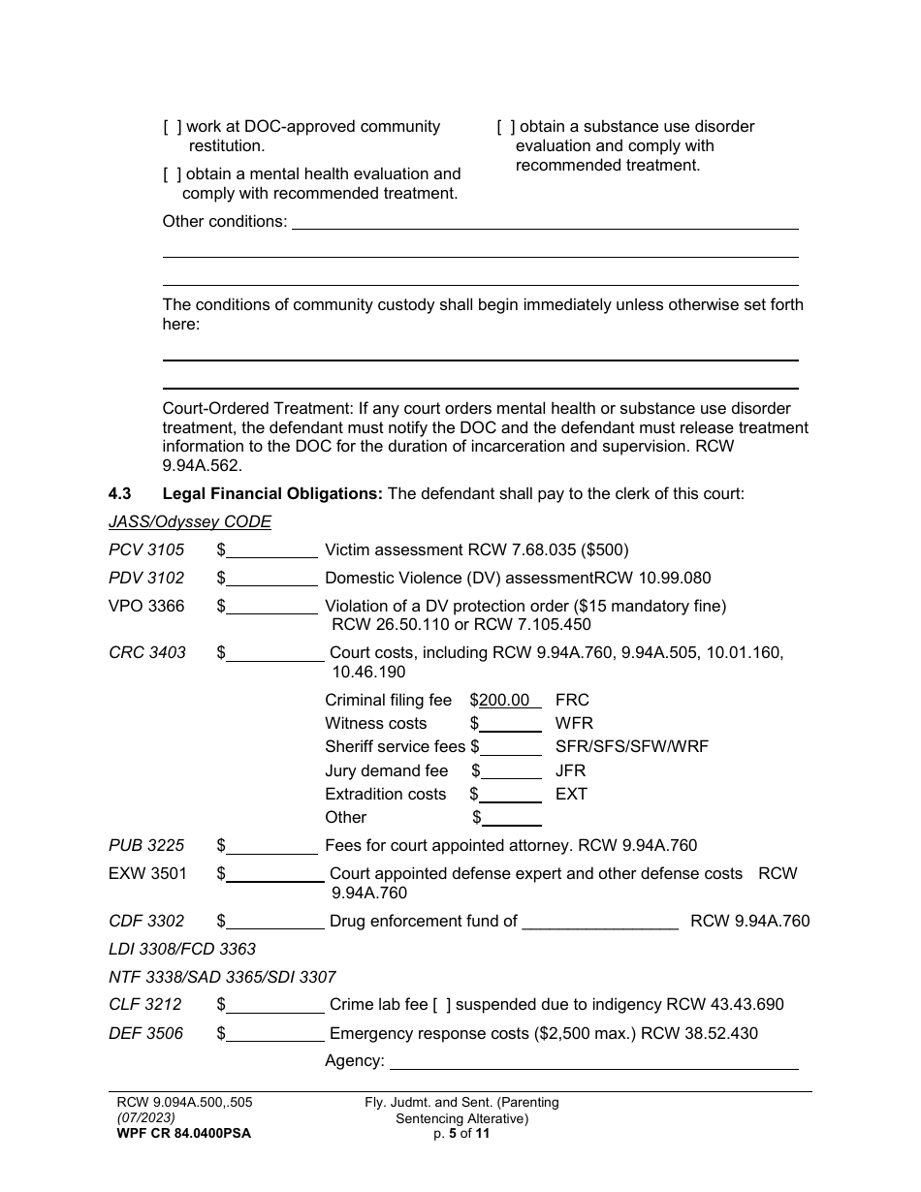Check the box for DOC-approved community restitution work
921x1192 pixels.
tap(173, 127)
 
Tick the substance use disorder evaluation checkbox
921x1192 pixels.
tap(506, 127)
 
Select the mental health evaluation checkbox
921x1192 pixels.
tap(173, 174)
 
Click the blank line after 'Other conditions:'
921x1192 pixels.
tap(545, 222)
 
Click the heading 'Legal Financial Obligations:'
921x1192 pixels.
tap(272, 494)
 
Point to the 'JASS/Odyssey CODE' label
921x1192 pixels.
tap(190, 522)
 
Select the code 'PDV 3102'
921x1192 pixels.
tap(146, 579)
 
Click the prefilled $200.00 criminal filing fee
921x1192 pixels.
tap(505, 700)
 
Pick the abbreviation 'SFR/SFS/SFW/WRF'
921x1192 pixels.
tap(631, 747)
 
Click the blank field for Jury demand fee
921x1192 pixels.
tap(511, 771)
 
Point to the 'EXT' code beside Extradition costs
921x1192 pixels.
tap(571, 795)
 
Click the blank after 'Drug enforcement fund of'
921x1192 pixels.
tap(600, 922)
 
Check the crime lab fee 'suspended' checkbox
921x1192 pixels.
tap(442, 1005)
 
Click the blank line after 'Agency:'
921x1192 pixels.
tap(592, 1061)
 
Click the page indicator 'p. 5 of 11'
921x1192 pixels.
tap(461, 1133)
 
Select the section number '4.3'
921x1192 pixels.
tap(120, 494)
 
